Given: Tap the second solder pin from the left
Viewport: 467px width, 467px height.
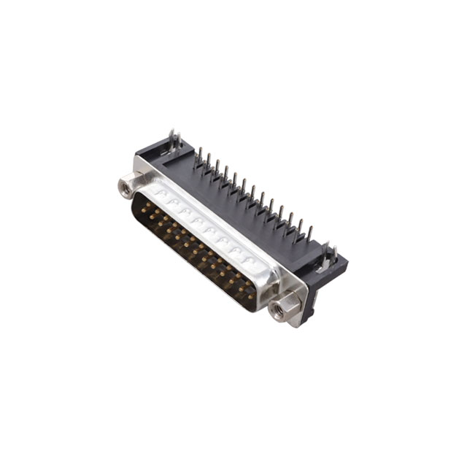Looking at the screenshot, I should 207,161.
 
